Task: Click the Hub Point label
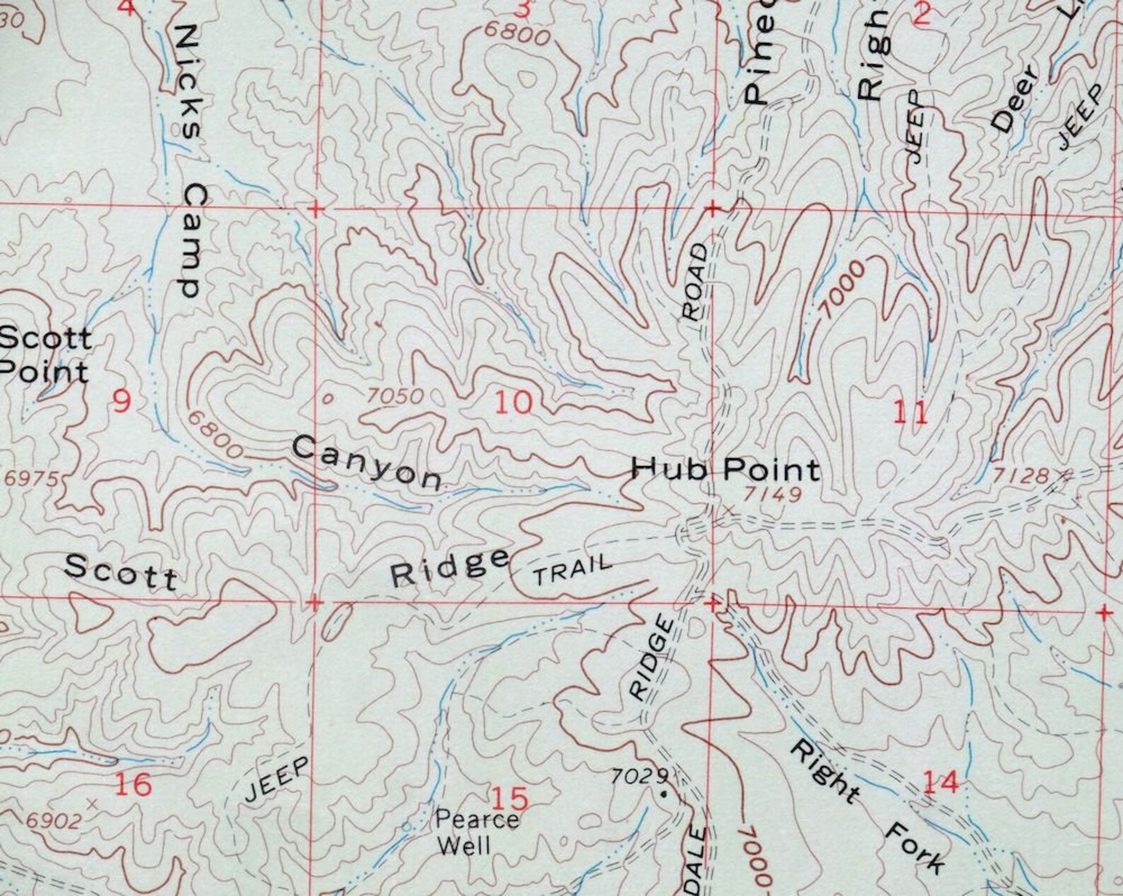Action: tap(726, 469)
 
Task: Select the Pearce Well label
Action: tap(476, 832)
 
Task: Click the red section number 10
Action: tap(513, 403)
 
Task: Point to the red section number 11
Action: tap(910, 414)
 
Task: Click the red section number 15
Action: tap(509, 799)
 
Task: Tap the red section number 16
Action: tap(133, 784)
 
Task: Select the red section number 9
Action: tap(122, 402)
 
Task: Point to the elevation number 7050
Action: tap(396, 397)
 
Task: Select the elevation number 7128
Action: tap(1020, 475)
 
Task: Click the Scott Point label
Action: tap(45, 355)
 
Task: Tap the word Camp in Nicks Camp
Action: tap(187, 240)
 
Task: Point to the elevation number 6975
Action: tap(31, 479)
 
